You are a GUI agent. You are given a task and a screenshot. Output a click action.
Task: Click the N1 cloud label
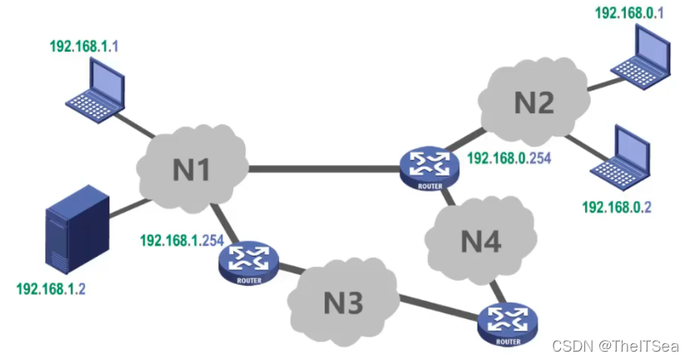pos(191,169)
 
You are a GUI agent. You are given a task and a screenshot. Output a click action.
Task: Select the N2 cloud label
pos(533,102)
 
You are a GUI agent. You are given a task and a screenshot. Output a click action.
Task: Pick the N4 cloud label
pos(481,242)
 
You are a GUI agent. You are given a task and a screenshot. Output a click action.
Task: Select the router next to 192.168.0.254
pos(428,166)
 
